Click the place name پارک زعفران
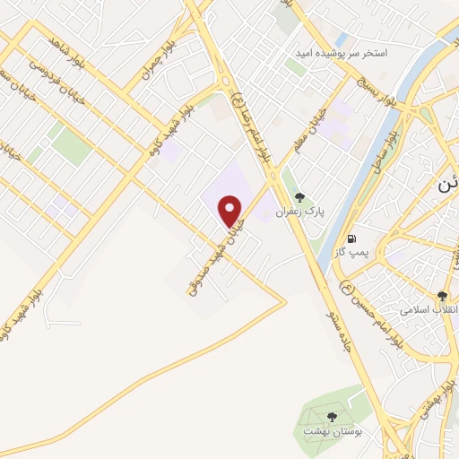click(299, 212)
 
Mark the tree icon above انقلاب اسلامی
click(442, 295)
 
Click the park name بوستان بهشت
click(331, 432)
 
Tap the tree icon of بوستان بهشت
click(333, 417)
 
